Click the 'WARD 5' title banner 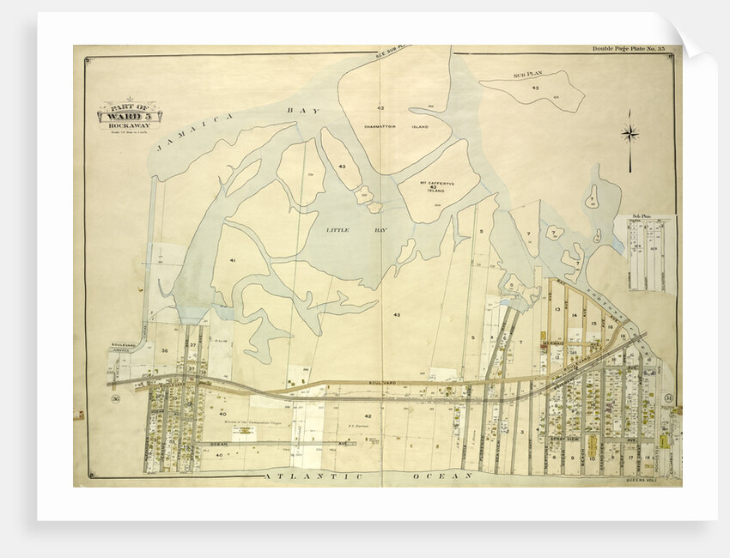(131, 112)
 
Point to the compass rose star (630, 133)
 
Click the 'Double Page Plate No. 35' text (629, 49)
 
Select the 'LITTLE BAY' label (342, 230)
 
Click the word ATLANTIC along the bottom (307, 476)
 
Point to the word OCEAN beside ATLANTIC (442, 476)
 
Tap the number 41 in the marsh (232, 259)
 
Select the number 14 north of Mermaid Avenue (575, 316)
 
